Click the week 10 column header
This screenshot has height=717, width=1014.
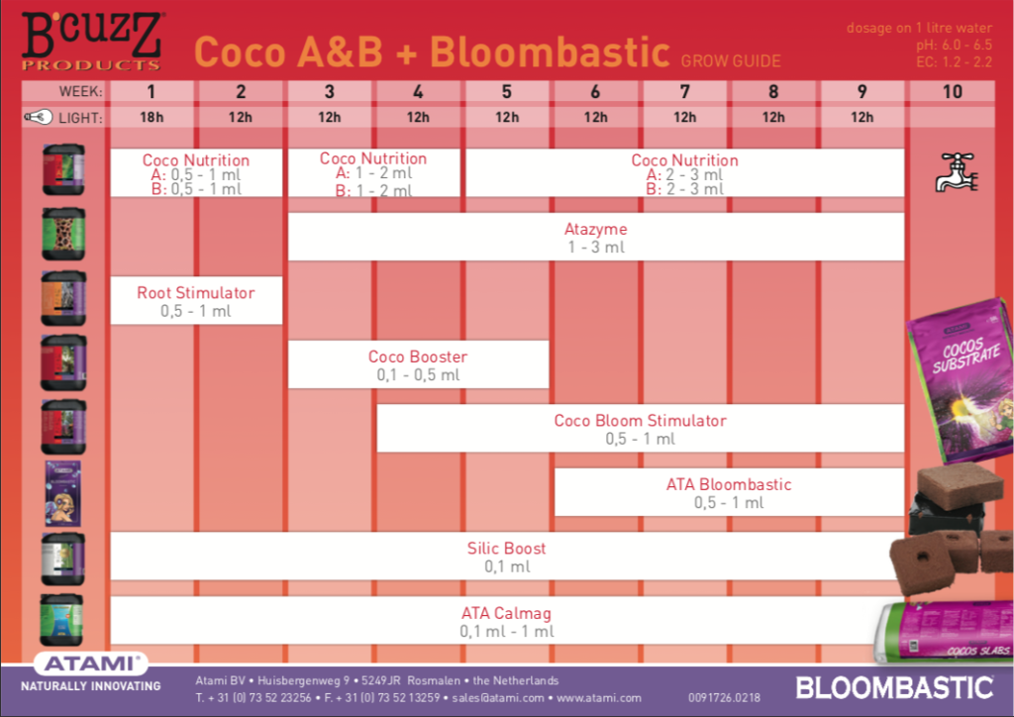pyautogui.click(x=952, y=92)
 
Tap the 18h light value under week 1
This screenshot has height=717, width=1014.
pyautogui.click(x=152, y=117)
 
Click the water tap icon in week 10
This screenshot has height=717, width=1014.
pyautogui.click(x=957, y=171)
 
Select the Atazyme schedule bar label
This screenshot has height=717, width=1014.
pyautogui.click(x=595, y=230)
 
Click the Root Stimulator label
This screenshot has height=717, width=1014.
pyautogui.click(x=195, y=293)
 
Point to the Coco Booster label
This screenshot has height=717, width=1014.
pyautogui.click(x=418, y=357)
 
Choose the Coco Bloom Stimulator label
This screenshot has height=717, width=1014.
pyautogui.click(x=640, y=421)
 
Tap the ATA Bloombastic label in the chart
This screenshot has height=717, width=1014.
pyautogui.click(x=729, y=485)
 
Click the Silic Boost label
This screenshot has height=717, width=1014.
pyautogui.click(x=506, y=549)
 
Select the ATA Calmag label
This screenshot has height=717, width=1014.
pyautogui.click(x=506, y=613)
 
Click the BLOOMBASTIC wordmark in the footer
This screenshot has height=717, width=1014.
pyautogui.click(x=894, y=686)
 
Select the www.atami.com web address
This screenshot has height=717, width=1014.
pyautogui.click(x=599, y=698)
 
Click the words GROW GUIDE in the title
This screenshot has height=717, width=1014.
pyautogui.click(x=731, y=61)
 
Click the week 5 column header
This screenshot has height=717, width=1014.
pyautogui.click(x=507, y=92)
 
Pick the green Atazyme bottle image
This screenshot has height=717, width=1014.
pyautogui.click(x=63, y=233)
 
